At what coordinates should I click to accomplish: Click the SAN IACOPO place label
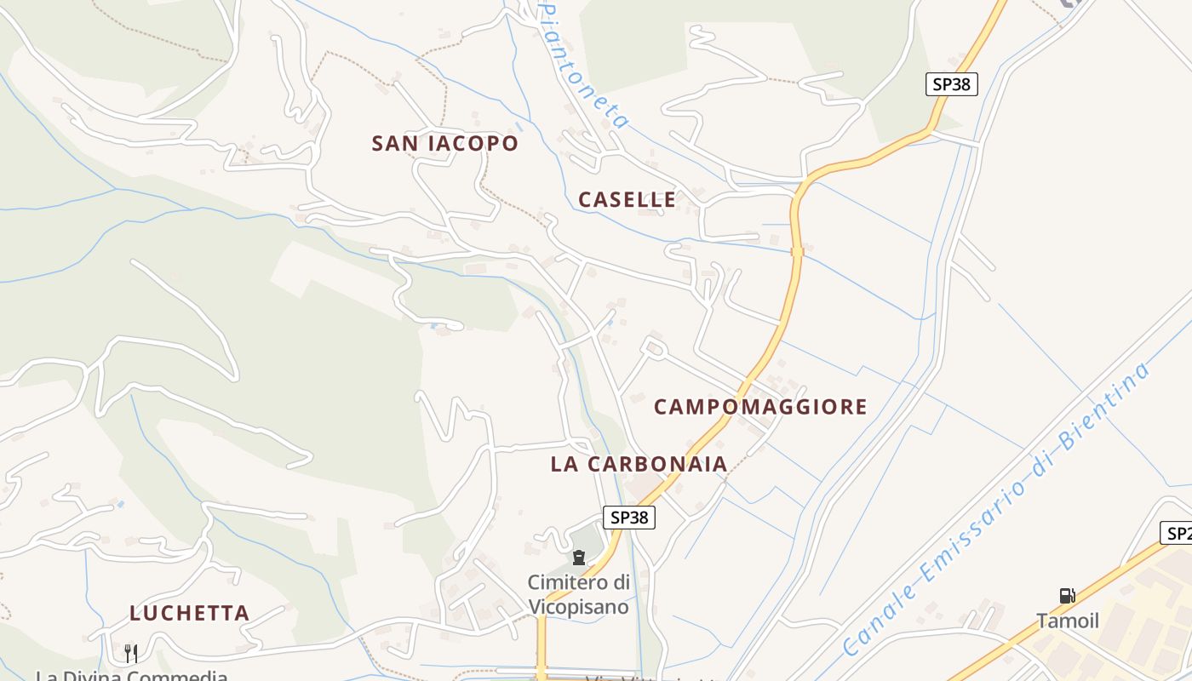tap(444, 143)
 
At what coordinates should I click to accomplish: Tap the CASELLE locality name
tap(627, 200)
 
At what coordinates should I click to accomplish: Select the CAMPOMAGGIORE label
tap(760, 407)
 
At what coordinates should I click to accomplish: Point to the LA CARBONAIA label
tap(639, 464)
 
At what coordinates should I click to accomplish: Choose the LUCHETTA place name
tap(189, 613)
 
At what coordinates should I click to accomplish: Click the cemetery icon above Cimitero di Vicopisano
tap(579, 558)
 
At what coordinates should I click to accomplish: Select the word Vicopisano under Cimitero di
tap(579, 607)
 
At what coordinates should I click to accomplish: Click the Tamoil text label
tap(1068, 621)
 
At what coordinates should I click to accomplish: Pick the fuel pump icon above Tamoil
tap(1067, 596)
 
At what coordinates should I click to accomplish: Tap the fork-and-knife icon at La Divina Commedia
tap(131, 653)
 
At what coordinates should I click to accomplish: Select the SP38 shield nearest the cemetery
tap(630, 517)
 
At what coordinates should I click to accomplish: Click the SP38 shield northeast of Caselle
tap(951, 84)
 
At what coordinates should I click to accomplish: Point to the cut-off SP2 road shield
tap(1177, 534)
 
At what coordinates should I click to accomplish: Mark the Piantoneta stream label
tap(586, 64)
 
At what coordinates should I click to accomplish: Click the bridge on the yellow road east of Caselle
tap(797, 251)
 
